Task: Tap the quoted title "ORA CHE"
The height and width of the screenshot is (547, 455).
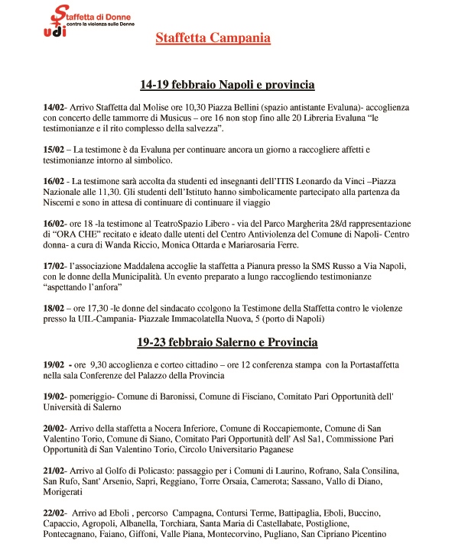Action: [79, 235]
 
